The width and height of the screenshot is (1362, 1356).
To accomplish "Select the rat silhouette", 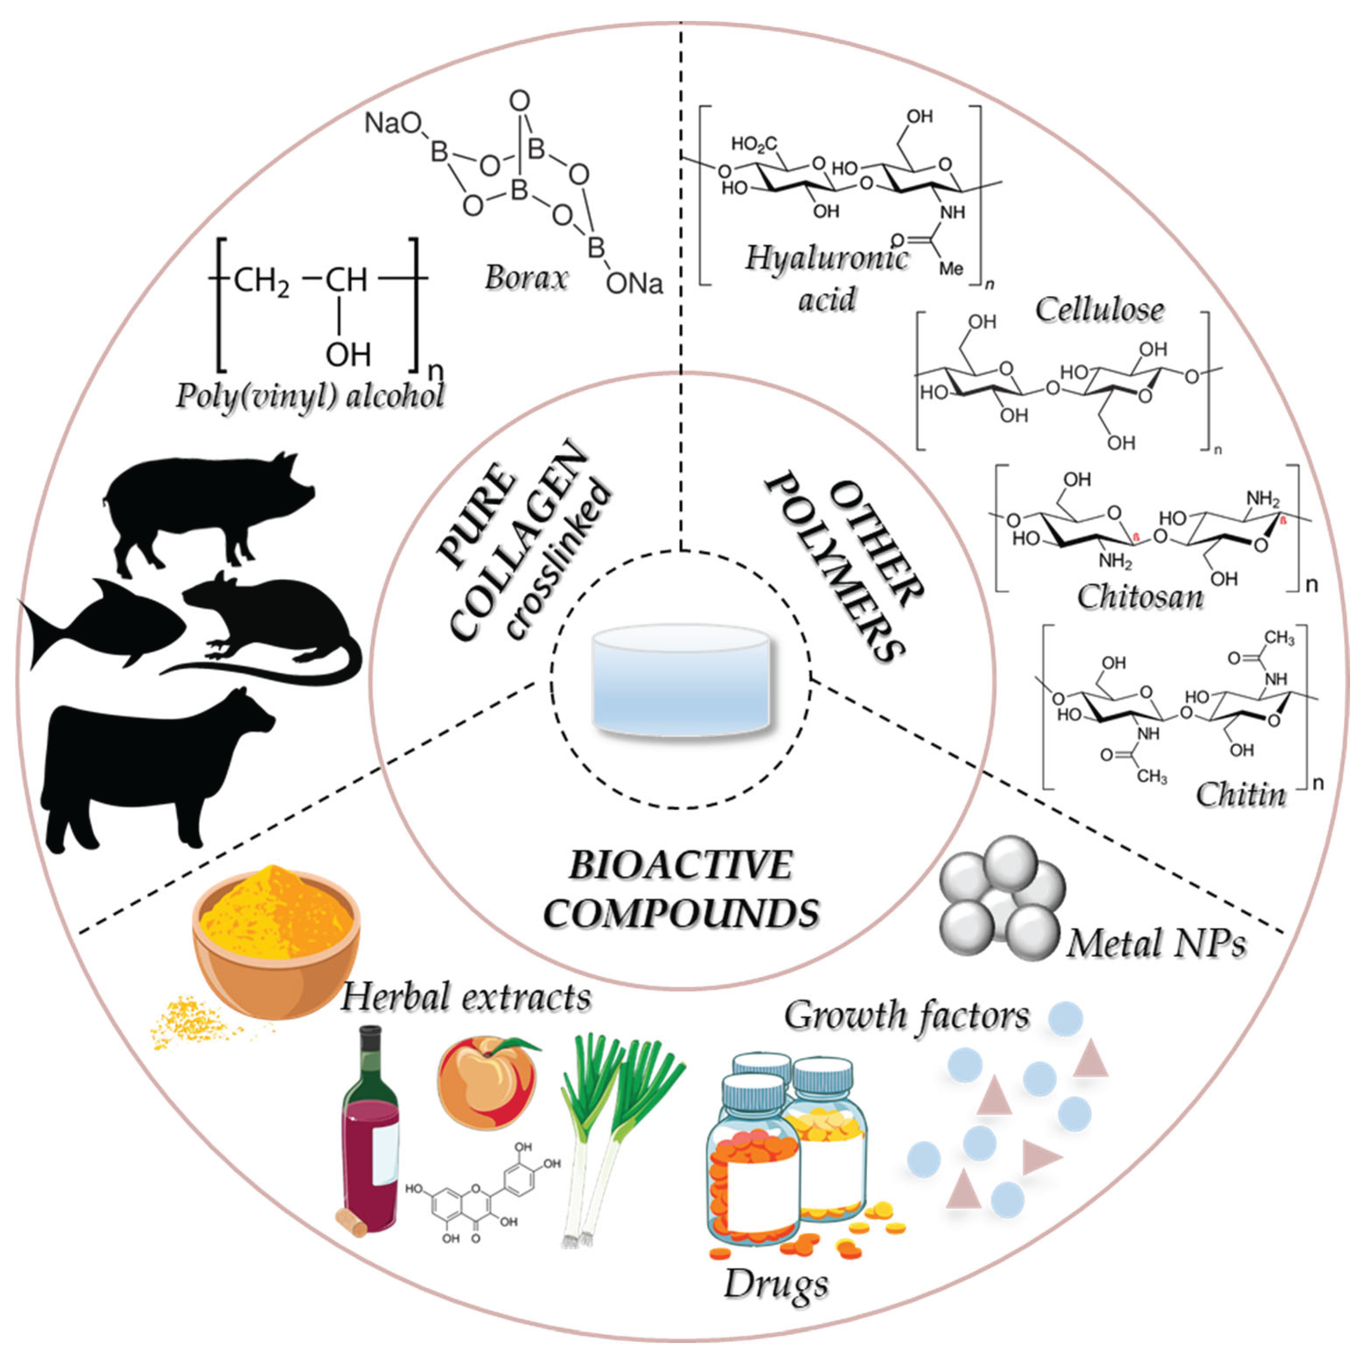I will pos(275,621).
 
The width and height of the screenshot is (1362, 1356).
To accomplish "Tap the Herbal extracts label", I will pos(466,998).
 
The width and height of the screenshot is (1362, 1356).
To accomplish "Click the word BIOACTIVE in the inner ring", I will pos(680,866).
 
